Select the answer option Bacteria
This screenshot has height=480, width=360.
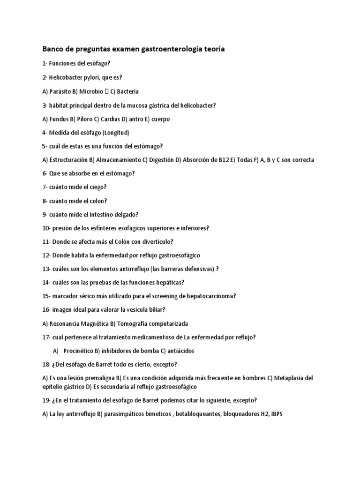tap(127, 92)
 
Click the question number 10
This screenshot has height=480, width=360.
tap(46, 228)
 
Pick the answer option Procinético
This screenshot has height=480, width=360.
tap(75, 351)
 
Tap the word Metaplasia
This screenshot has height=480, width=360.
tap(290, 378)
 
